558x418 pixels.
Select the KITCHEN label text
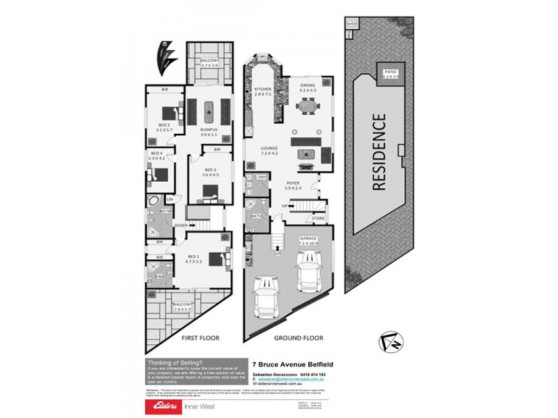(262, 89)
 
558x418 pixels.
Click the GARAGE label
(308, 238)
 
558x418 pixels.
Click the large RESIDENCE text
(379, 153)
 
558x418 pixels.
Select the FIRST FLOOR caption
(200, 338)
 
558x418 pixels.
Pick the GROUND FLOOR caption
(299, 338)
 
